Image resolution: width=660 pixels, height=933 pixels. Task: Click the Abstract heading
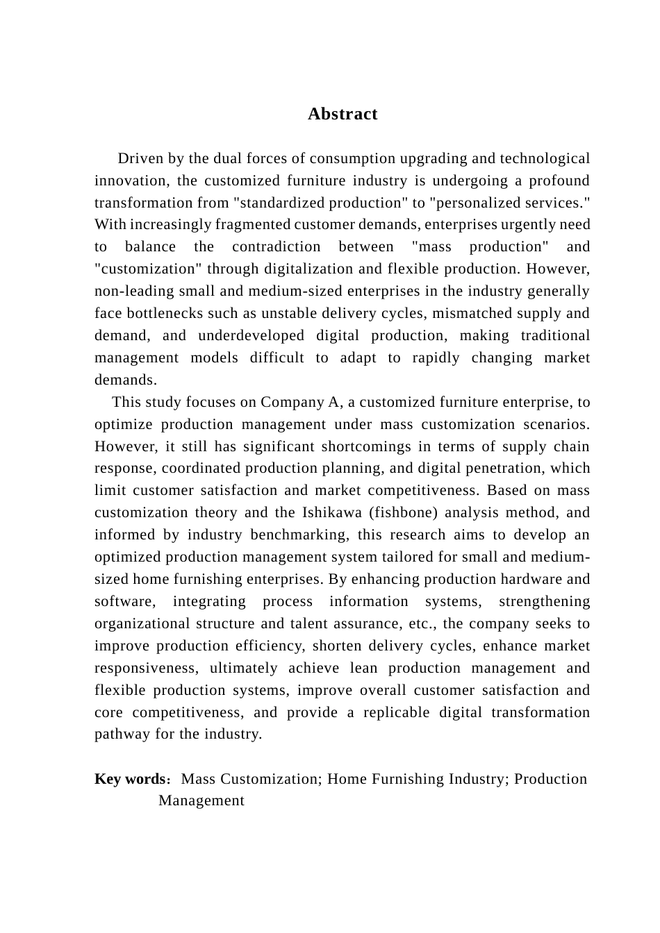(x=343, y=114)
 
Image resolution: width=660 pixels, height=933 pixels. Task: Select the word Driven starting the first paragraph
(x=141, y=158)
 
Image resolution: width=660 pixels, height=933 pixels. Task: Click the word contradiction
(x=277, y=246)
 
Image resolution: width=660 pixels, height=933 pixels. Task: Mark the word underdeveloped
(x=251, y=335)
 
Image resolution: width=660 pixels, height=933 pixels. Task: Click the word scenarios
(x=554, y=424)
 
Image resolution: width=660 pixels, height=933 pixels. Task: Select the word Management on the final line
(x=201, y=800)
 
